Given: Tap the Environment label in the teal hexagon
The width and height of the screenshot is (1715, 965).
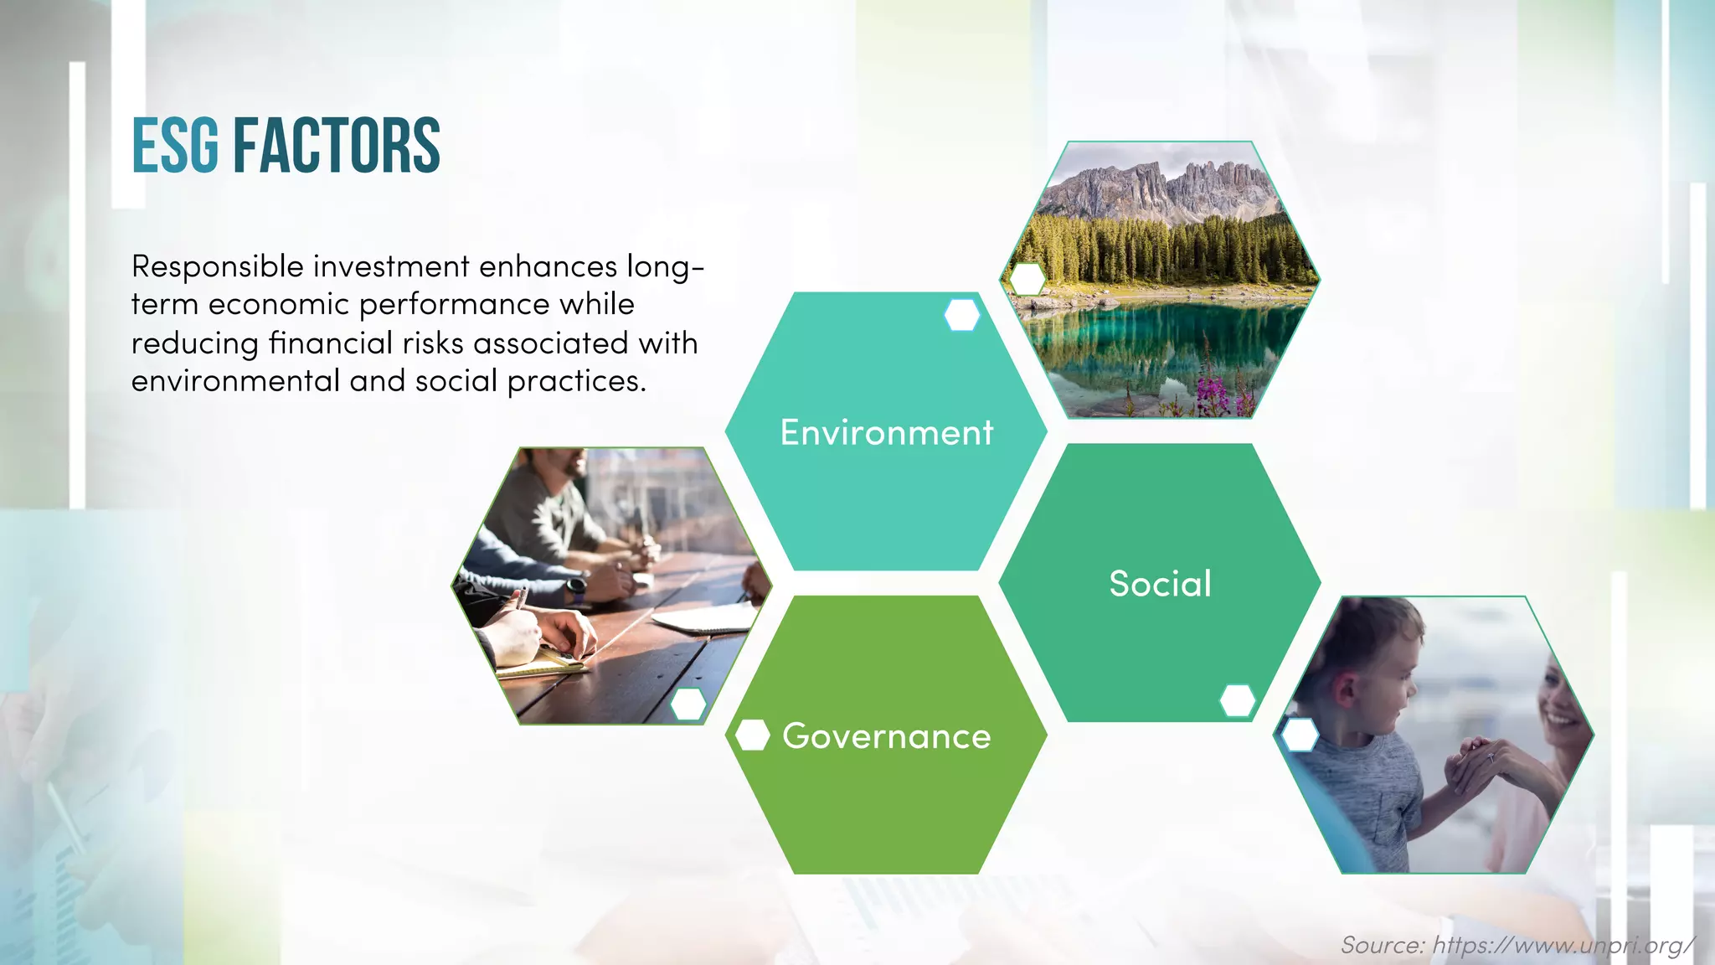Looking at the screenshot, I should point(886,432).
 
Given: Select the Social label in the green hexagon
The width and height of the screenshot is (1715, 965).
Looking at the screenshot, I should point(1160,584).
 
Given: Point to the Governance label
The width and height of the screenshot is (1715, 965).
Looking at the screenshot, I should point(886,736).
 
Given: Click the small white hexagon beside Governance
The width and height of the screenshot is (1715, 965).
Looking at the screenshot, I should point(752,735).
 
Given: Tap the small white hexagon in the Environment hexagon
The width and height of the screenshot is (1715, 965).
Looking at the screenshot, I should point(961,315).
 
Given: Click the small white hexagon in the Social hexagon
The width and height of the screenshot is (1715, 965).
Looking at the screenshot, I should point(1237,700).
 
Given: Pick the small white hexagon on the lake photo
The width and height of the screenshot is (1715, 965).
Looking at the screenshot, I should point(1027,280).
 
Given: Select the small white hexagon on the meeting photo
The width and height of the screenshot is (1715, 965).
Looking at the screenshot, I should point(688,704).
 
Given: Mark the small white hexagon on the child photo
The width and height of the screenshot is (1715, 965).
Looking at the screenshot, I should point(1300,735).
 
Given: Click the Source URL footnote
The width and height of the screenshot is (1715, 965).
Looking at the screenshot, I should point(1517,945).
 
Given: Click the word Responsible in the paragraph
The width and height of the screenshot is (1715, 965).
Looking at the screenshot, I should point(217,266).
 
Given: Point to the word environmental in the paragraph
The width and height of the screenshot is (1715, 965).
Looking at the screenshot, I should point(235,381).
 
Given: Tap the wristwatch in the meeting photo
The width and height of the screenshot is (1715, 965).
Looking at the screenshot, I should point(576,589).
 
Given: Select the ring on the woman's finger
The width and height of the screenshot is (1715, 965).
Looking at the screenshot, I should point(1491,758).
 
